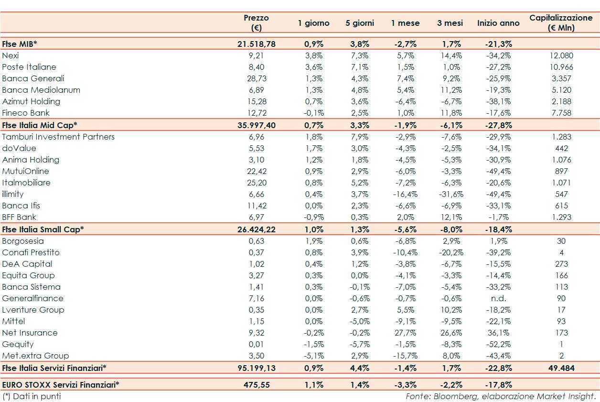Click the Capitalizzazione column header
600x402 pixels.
[x=561, y=22]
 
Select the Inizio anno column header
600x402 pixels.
[x=498, y=23]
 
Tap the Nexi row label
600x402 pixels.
[x=11, y=55]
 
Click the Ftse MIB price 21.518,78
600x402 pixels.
[x=256, y=44]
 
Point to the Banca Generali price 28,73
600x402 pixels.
[x=256, y=78]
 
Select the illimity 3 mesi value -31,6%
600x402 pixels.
[x=449, y=194]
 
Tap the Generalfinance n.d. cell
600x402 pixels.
[x=498, y=298]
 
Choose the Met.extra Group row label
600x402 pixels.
[x=35, y=356]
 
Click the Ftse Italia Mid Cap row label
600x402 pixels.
[x=40, y=125]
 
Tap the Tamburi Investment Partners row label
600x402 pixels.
[x=58, y=137]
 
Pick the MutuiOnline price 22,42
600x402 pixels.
[x=256, y=171]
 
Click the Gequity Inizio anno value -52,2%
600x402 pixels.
[x=498, y=344]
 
